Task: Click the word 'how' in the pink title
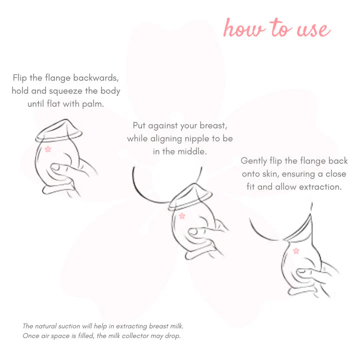coord(244,27)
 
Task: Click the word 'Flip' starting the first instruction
coord(19,78)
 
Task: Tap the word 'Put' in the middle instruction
coord(139,125)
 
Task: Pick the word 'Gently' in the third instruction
coord(254,161)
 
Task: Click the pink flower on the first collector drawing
coord(48,149)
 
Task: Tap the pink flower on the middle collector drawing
coord(182,216)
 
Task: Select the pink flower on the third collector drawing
coord(296,251)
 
